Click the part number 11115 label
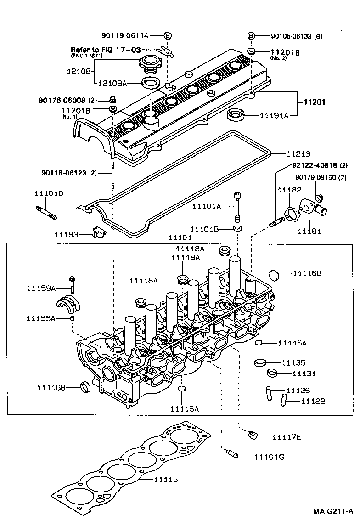166,480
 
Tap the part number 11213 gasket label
299,153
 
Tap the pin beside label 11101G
233,455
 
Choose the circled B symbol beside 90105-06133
251,36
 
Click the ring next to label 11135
260,363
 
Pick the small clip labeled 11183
97,232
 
